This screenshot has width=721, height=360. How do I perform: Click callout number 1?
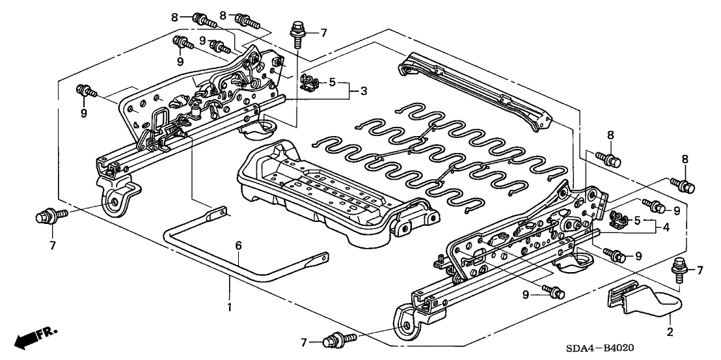pyautogui.click(x=229, y=305)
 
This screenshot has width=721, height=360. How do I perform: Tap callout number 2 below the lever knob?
pyautogui.click(x=671, y=331)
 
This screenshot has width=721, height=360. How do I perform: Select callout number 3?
pyautogui.click(x=364, y=91)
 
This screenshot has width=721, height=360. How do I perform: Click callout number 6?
pyautogui.click(x=239, y=245)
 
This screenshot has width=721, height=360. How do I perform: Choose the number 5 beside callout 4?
pyautogui.click(x=639, y=219)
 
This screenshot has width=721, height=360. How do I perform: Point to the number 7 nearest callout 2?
pyautogui.click(x=700, y=270)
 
